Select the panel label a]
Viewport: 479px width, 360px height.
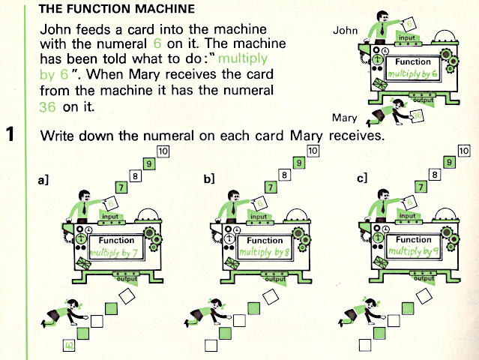pyautogui.click(x=45, y=180)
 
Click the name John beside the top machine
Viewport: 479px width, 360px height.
pyautogui.click(x=346, y=31)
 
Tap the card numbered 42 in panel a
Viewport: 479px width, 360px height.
pyautogui.click(x=68, y=346)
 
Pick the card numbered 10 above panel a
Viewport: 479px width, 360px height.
pyautogui.click(x=163, y=151)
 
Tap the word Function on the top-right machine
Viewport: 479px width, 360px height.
pyautogui.click(x=413, y=63)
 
